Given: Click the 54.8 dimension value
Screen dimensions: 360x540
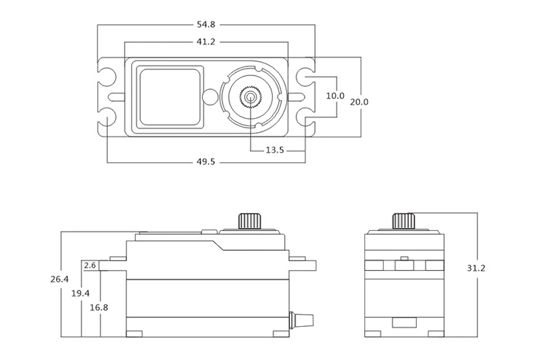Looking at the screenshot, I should (x=207, y=25).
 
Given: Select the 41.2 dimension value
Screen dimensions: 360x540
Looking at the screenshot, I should (x=206, y=42).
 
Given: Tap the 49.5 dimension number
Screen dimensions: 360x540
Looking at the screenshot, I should (x=206, y=162).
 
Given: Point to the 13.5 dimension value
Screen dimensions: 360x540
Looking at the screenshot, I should (x=275, y=150).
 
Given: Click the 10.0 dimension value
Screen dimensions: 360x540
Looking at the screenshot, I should (x=336, y=96).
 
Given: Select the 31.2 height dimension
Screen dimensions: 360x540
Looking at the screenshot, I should (x=477, y=268).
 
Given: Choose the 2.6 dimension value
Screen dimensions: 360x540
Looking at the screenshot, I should (x=91, y=265).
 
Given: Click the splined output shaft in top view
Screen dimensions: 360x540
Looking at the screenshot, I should (x=252, y=97).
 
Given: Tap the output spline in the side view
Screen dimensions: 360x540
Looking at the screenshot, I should (x=248, y=221).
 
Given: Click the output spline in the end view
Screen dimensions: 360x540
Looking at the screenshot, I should (x=403, y=221).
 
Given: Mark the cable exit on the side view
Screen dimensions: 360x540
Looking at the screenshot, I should (x=302, y=319).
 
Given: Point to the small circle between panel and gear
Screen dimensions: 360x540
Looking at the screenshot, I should (x=210, y=97).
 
